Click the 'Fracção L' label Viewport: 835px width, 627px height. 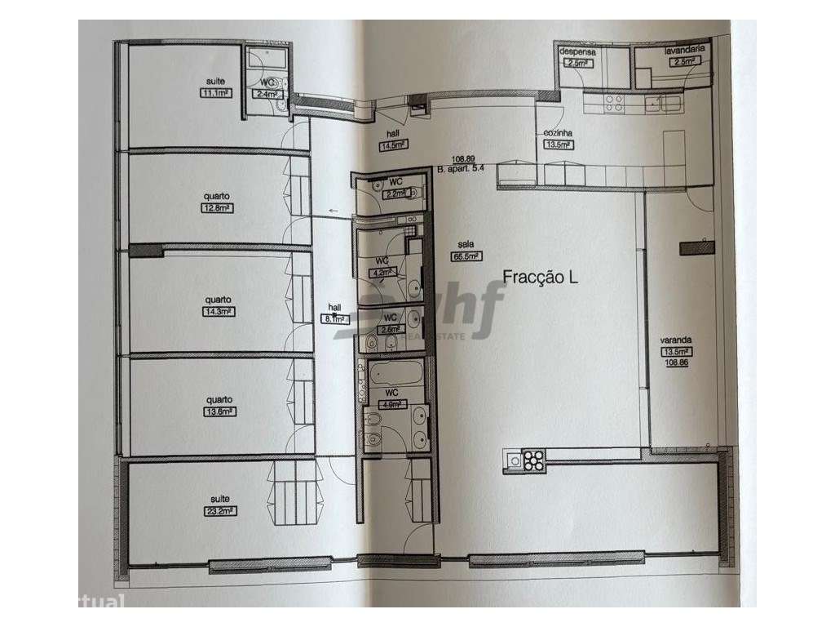pyautogui.click(x=541, y=278)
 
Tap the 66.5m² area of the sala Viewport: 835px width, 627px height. pyautogui.click(x=464, y=255)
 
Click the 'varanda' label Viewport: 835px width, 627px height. pyautogui.click(x=675, y=344)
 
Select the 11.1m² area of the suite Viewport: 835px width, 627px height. pyautogui.click(x=215, y=93)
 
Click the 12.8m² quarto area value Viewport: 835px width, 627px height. pyautogui.click(x=218, y=207)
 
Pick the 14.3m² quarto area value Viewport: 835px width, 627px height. pyautogui.click(x=218, y=311)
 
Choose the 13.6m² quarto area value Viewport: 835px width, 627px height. pyautogui.click(x=219, y=411)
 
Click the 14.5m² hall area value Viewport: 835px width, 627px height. pyautogui.click(x=393, y=146)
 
